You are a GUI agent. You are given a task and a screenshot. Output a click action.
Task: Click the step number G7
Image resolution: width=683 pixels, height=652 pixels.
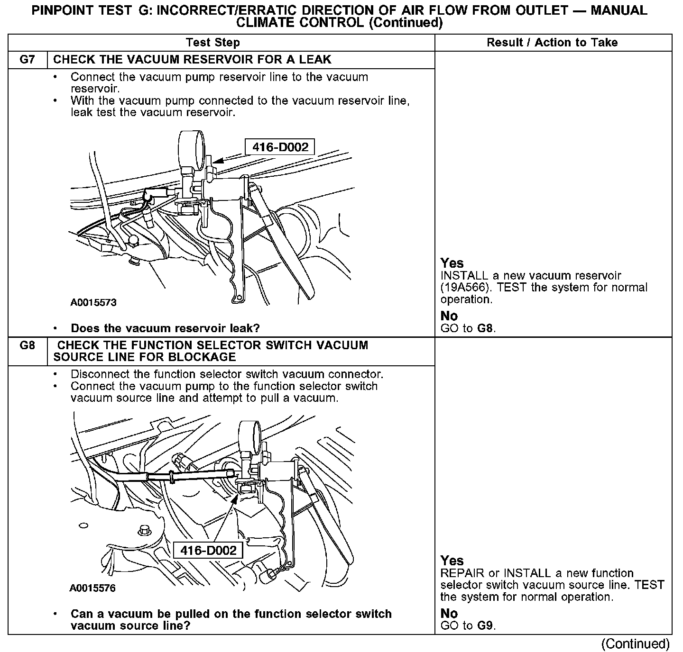[28, 60]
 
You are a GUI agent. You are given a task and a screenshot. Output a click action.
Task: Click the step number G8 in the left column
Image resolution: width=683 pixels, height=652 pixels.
[28, 345]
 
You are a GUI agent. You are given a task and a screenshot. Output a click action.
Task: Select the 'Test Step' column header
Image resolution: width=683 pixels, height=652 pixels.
[213, 43]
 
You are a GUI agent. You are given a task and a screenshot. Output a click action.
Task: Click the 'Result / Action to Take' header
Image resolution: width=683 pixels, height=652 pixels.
[552, 43]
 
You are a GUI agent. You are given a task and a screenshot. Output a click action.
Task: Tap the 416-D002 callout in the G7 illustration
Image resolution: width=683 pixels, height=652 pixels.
[279, 147]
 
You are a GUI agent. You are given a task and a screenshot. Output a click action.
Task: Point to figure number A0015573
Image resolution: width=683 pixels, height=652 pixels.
[93, 302]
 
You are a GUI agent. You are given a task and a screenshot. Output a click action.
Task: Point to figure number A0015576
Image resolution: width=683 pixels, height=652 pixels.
[92, 588]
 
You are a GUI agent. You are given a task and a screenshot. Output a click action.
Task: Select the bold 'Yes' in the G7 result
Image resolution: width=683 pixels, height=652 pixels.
[452, 263]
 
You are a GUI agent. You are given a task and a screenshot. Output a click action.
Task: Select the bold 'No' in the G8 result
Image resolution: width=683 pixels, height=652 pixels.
[449, 613]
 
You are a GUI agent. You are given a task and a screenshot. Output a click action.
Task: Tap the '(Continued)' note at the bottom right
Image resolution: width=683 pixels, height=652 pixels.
[635, 643]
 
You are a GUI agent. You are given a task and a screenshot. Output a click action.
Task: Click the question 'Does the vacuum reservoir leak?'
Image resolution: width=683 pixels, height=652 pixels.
[165, 328]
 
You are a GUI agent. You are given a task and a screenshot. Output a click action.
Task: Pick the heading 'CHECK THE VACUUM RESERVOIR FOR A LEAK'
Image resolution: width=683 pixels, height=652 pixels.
[192, 60]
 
